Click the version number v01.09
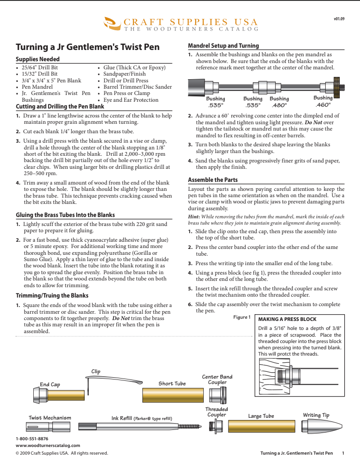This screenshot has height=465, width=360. click(x=339, y=19)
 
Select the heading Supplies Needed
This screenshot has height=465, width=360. click(x=38, y=59)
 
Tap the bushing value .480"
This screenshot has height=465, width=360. click(x=279, y=105)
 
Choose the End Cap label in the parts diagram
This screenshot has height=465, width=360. click(x=50, y=384)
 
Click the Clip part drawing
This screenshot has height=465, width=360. click(x=92, y=385)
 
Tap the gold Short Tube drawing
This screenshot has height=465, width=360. click(x=172, y=395)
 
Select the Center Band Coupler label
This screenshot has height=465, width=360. click(x=217, y=379)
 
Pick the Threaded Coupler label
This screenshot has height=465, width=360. click(x=217, y=412)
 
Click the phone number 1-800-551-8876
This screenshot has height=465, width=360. click(x=32, y=438)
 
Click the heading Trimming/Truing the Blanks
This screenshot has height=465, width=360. click(x=52, y=295)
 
